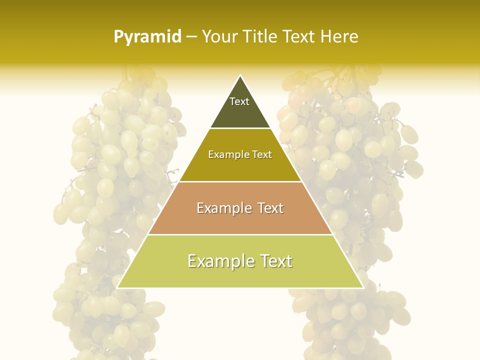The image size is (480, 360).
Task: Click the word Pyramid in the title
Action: (147, 37)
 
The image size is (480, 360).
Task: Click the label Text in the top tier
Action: (239, 101)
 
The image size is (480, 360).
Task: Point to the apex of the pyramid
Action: (240, 76)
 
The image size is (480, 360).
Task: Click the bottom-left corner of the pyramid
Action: (118, 287)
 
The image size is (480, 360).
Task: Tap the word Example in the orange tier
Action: (223, 208)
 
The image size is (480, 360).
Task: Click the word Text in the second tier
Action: (262, 155)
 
